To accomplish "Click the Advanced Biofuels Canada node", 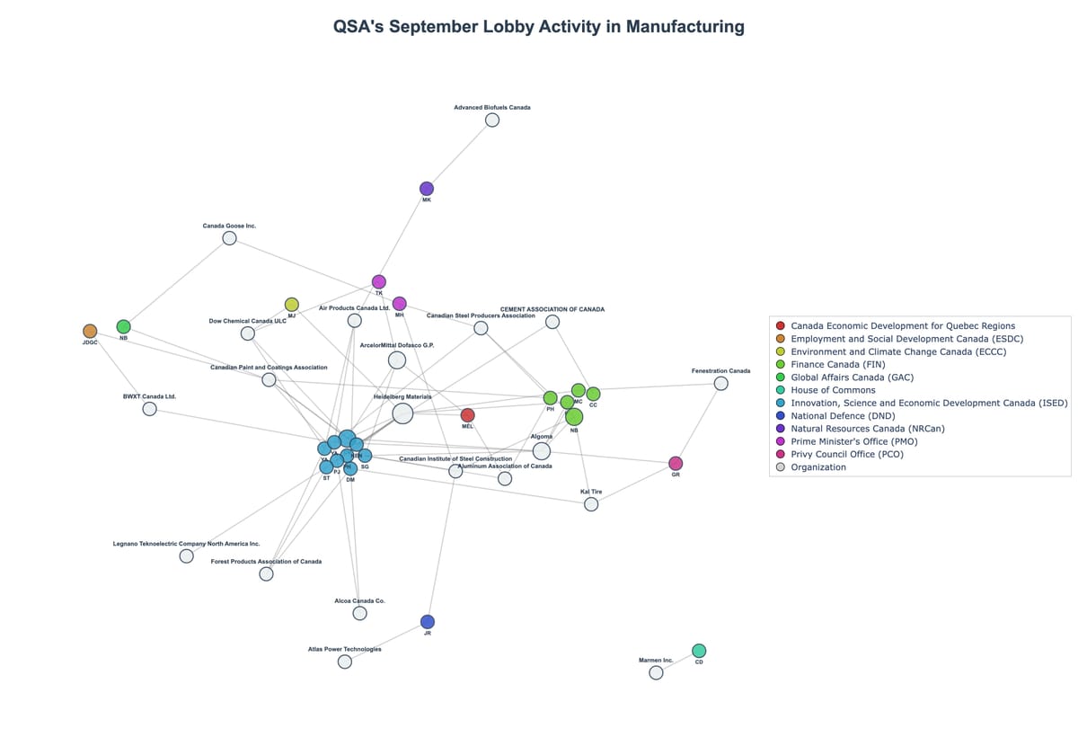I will [492, 120].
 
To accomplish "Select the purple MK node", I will [427, 189].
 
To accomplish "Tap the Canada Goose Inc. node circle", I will [229, 238].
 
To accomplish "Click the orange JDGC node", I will [90, 332].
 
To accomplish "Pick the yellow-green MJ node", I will [292, 305].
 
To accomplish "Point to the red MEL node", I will [467, 415].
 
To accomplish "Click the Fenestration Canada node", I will [720, 384].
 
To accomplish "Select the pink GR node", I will [676, 464].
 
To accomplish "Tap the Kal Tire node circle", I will [591, 504].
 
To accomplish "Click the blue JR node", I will [428, 622].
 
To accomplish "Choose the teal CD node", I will [699, 651].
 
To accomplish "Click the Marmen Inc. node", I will [656, 672].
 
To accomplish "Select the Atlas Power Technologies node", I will [345, 662].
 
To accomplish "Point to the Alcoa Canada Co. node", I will [359, 613].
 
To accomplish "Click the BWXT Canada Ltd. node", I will [150, 409].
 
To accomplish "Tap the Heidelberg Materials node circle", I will [402, 413].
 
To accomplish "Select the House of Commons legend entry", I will [832, 390].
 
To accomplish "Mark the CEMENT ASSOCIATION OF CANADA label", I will [552, 309].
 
